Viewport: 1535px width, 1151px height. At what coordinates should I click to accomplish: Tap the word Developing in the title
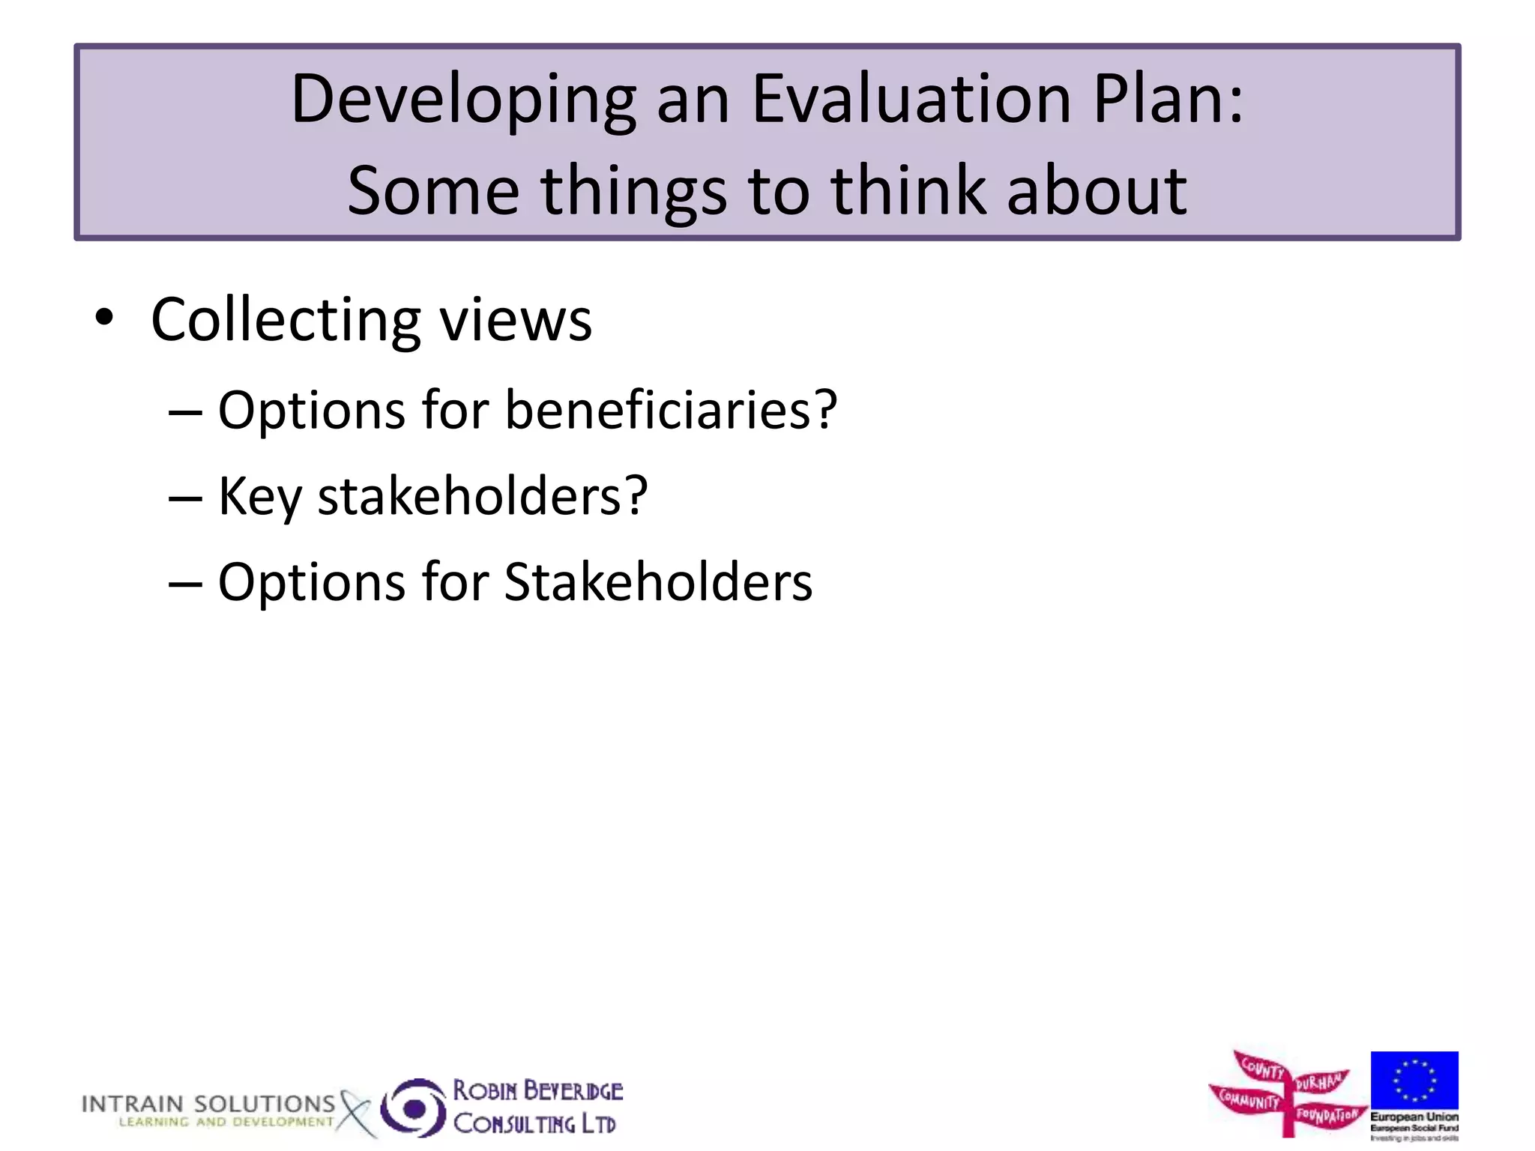[462, 101]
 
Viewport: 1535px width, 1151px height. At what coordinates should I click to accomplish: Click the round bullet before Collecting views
[104, 318]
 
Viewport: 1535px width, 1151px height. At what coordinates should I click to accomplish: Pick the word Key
[259, 498]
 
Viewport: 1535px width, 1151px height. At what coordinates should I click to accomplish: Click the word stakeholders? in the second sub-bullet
[483, 496]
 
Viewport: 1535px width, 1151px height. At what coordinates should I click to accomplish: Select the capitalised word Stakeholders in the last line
[658, 582]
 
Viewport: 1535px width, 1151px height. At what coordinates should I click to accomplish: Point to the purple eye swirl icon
[413, 1108]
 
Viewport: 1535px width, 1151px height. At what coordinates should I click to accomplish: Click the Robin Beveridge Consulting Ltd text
[537, 1108]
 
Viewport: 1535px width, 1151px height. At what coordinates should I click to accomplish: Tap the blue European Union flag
[1414, 1080]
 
